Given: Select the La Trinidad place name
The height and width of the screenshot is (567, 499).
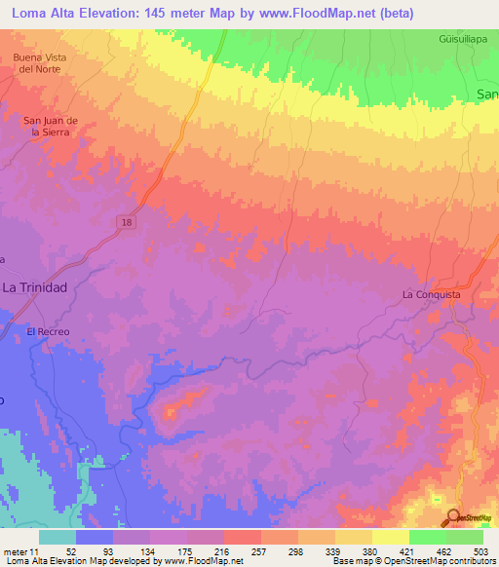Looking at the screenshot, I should click(x=35, y=287).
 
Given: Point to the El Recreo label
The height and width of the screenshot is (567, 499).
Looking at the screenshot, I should click(x=48, y=331).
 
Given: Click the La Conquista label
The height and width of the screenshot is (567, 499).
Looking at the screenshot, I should click(x=431, y=293).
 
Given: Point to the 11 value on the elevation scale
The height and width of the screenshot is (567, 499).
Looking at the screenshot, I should click(x=33, y=550).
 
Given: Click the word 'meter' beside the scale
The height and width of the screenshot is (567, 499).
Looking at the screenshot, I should click(x=14, y=550).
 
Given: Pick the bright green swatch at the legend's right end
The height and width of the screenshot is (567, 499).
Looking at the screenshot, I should click(x=465, y=537).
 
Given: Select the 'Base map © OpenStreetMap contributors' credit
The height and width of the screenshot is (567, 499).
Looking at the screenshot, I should click(x=412, y=561).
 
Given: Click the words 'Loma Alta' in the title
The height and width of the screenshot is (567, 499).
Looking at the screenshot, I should click(x=41, y=14).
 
